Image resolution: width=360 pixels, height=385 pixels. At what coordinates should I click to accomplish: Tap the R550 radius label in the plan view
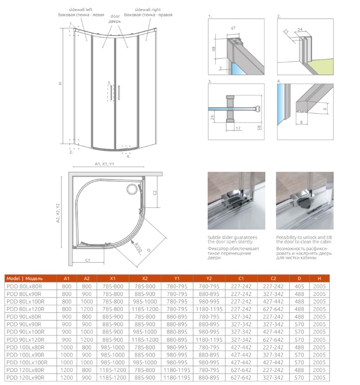click(137, 247)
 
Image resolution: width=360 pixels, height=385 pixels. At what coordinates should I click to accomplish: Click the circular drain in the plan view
click(131, 190)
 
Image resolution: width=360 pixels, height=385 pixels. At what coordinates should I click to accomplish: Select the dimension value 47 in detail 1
click(233, 29)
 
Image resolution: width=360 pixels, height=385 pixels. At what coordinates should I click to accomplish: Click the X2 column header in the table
click(145, 278)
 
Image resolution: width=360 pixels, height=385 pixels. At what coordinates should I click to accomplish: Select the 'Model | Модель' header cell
click(25, 278)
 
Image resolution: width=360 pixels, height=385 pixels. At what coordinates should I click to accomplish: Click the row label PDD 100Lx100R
click(27, 361)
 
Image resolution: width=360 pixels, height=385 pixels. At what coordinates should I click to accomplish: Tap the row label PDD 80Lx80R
click(24, 285)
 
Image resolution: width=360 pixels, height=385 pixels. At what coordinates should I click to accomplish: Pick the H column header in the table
click(319, 278)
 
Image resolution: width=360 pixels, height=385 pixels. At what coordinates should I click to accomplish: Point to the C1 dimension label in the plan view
click(88, 260)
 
